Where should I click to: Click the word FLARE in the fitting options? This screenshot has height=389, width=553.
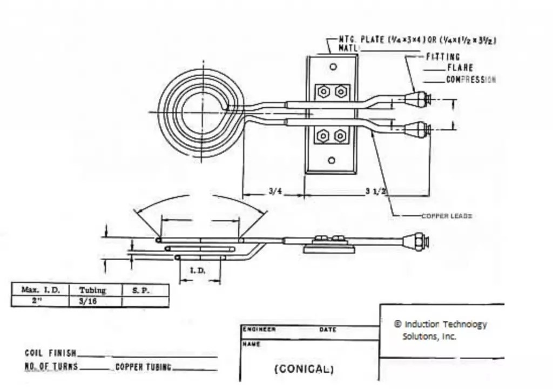tap(460, 68)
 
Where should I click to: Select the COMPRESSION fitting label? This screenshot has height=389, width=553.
tap(470, 80)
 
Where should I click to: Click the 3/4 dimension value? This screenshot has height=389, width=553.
tap(275, 192)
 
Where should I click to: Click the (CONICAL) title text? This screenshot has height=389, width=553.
tap(304, 369)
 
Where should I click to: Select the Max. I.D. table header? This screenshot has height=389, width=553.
tap(41, 290)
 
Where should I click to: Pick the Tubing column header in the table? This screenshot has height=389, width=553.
tap(92, 290)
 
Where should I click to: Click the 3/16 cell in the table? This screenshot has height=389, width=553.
tap(88, 301)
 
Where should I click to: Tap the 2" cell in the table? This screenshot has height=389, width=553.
tap(37, 301)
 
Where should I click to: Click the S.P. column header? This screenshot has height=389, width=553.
tap(139, 290)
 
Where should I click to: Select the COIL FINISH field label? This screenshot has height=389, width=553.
tap(50, 353)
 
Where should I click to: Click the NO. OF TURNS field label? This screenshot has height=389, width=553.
tap(51, 366)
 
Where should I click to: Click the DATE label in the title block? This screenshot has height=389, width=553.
tap(327, 329)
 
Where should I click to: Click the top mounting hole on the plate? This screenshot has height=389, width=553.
tap(333, 67)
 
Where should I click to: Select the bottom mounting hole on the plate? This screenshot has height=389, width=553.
tap(332, 160)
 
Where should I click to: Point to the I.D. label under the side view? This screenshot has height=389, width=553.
tap(198, 271)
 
